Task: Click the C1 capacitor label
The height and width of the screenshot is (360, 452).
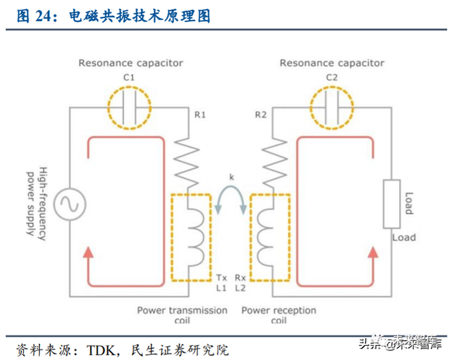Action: click(x=129, y=77)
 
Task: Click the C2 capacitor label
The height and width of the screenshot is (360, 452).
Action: click(x=332, y=77)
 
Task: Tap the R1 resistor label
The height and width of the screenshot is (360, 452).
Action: click(x=200, y=115)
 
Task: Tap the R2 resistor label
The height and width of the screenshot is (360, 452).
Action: click(x=261, y=115)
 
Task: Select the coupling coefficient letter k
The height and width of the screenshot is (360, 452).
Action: click(x=231, y=175)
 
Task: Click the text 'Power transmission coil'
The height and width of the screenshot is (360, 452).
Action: click(x=182, y=315)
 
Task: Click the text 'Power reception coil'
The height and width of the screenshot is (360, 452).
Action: click(x=279, y=315)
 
